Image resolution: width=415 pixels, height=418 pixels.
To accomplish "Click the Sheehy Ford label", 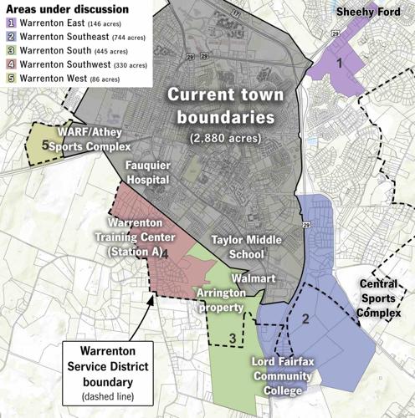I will [x=369, y=13].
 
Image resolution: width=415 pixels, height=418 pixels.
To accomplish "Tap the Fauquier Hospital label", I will [x=147, y=173].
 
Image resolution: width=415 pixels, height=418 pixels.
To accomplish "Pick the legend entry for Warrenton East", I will [x=63, y=24].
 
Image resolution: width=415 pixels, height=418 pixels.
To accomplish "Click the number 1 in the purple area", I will [x=339, y=63].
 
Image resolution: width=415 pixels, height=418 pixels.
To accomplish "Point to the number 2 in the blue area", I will [x=306, y=319].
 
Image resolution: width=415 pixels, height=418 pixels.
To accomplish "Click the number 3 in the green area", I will [x=232, y=339].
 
